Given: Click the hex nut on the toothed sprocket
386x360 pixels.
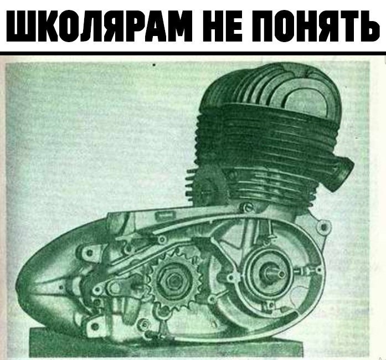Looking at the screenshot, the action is pyautogui.click(x=174, y=281).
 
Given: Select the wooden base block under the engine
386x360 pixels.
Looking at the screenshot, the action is pyautogui.click(x=166, y=343).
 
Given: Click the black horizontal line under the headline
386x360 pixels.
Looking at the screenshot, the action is pyautogui.click(x=193, y=53).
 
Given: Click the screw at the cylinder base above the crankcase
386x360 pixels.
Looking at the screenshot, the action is pyautogui.click(x=246, y=207).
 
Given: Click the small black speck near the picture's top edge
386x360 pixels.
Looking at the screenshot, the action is pyautogui.click(x=154, y=65).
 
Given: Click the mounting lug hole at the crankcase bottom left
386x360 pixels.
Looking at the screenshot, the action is pyautogui.click(x=94, y=326).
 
